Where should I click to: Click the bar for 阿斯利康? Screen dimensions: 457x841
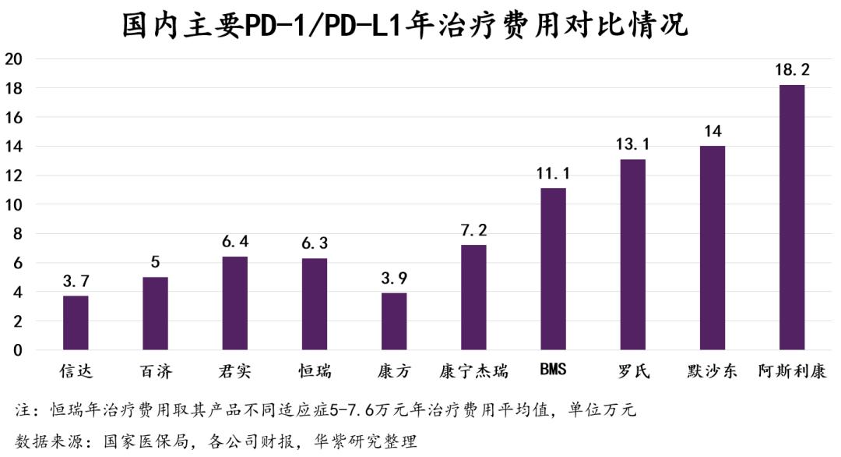[792, 218]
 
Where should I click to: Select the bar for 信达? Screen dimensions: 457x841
[76, 323]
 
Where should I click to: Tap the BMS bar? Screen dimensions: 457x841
[553, 269]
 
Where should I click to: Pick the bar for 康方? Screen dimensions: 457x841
[394, 321]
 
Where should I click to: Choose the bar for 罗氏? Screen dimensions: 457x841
[632, 254]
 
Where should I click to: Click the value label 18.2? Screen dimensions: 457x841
[792, 70]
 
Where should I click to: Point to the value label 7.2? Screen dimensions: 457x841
[473, 231]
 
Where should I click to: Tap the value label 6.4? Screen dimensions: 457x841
[234, 243]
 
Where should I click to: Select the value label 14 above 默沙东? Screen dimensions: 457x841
[712, 131]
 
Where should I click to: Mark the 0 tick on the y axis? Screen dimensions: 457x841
[17, 350]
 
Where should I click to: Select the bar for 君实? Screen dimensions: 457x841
[234, 303]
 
